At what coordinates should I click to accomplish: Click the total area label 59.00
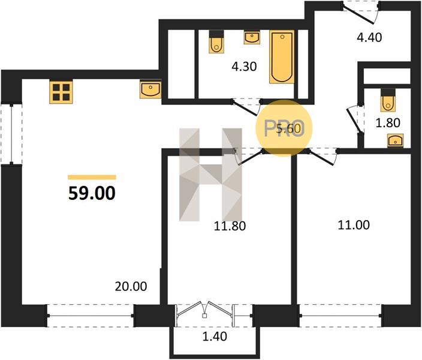(x=92, y=193)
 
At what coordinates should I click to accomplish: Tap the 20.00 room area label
(x=131, y=286)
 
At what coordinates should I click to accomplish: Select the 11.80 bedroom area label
(x=230, y=226)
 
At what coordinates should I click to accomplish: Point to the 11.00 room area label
(x=354, y=225)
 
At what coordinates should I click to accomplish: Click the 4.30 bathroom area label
(x=244, y=66)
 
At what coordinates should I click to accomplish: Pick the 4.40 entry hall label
(x=369, y=37)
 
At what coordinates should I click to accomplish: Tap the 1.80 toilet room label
(x=388, y=122)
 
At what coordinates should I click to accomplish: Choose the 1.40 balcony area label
(x=215, y=336)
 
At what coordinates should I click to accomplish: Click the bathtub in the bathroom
(x=282, y=56)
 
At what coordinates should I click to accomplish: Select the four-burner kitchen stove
(x=61, y=92)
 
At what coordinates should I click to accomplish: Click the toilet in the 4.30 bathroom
(x=216, y=42)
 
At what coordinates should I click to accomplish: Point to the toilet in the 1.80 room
(x=388, y=100)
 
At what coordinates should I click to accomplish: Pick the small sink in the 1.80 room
(x=396, y=140)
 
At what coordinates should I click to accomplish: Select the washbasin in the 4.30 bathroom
(x=252, y=37)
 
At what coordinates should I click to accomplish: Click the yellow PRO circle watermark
(x=284, y=128)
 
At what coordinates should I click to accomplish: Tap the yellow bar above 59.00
(x=92, y=177)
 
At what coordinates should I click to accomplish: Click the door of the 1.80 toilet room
(x=354, y=119)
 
